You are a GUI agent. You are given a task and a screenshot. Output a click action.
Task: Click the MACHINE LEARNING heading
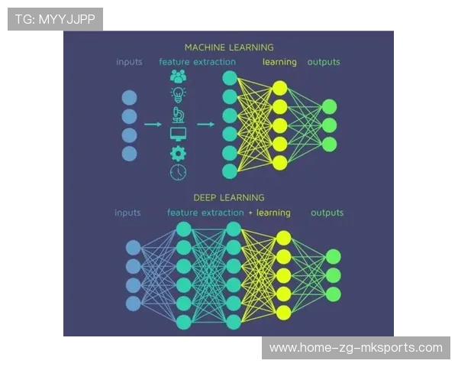click(228, 47)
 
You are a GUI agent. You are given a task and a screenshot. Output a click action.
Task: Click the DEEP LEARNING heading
click(228, 197)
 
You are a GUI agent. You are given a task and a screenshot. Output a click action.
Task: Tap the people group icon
click(178, 76)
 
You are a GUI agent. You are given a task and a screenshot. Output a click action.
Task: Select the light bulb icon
click(178, 96)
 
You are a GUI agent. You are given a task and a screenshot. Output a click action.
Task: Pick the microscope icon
click(178, 115)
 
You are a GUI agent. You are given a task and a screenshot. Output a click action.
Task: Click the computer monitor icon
click(178, 134)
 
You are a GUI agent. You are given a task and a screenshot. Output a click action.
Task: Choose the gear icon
click(178, 153)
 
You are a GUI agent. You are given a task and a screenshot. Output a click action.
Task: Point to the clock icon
click(178, 172)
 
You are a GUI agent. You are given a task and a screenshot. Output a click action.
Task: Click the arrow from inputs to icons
click(153, 124)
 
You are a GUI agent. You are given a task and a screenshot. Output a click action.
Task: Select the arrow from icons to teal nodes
click(205, 124)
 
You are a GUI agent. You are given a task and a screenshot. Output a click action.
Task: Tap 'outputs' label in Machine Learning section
click(324, 62)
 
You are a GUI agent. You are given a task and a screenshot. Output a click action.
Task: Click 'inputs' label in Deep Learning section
click(128, 213)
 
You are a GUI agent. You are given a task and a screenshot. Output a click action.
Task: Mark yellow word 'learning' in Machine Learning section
click(279, 62)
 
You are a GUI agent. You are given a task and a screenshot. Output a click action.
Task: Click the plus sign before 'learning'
click(250, 213)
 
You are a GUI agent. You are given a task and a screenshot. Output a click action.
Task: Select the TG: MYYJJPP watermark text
click(55, 19)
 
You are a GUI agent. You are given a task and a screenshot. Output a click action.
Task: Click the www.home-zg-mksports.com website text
click(356, 348)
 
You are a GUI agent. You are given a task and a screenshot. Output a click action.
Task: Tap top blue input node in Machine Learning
click(129, 97)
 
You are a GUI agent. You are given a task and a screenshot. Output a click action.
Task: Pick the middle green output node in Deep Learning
click(333, 275)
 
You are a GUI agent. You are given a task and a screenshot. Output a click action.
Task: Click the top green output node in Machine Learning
click(329, 106)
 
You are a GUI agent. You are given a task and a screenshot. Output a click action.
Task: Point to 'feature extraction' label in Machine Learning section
click(197, 62)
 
